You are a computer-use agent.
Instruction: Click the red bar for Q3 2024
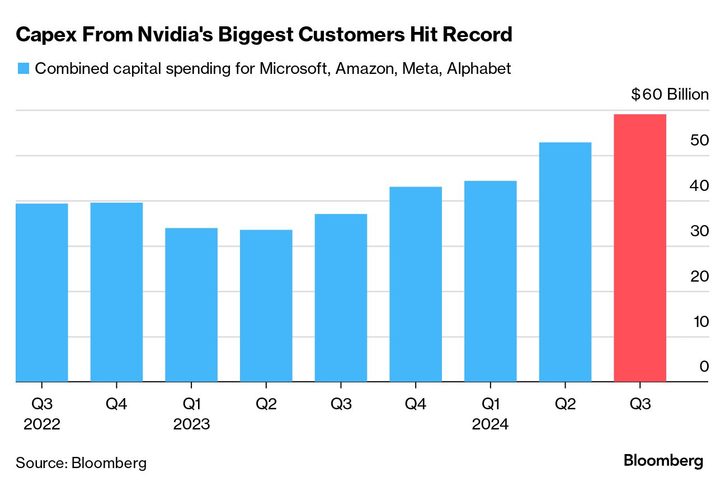(x=639, y=248)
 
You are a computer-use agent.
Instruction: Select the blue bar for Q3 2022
(x=42, y=292)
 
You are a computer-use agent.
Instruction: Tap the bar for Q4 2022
(x=116, y=292)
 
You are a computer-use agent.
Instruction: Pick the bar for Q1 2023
(x=191, y=305)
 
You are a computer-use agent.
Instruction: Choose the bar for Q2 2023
(x=266, y=306)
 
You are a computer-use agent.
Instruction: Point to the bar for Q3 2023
(x=341, y=298)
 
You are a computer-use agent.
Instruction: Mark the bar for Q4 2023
(x=416, y=284)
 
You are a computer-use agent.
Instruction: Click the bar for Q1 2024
(x=490, y=281)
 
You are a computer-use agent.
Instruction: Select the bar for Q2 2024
(x=565, y=262)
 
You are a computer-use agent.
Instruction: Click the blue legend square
(x=23, y=69)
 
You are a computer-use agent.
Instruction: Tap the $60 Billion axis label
(x=670, y=95)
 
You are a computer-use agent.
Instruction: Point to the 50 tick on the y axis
(x=699, y=141)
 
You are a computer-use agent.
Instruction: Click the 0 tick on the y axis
(x=704, y=367)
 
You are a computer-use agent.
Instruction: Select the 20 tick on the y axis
(x=699, y=277)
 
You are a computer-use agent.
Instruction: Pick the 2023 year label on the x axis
(x=191, y=424)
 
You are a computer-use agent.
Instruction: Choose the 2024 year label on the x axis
(x=490, y=424)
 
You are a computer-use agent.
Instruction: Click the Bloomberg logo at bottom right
(x=663, y=461)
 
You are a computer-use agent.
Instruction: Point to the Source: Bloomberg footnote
(x=81, y=463)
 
